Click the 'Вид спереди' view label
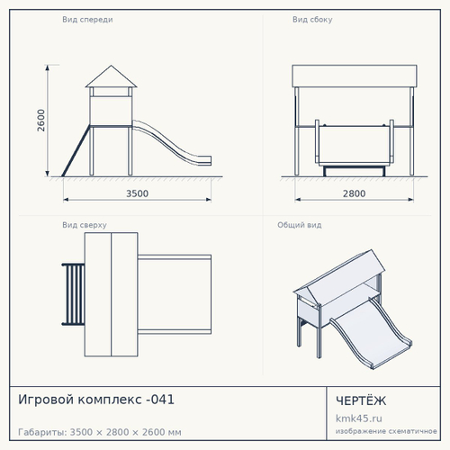point(87,20)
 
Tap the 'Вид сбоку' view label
point(312,20)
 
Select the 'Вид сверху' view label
point(85,225)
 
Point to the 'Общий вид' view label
point(300,225)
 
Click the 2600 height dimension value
point(41,121)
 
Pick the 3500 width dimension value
point(137,193)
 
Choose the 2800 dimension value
point(354,193)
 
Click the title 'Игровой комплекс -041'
point(96,400)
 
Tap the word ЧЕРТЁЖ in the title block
point(361,400)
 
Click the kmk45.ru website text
point(359,418)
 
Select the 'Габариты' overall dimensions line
point(100,432)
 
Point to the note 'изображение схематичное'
point(386,431)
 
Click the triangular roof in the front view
point(111,78)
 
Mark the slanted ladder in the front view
point(76,150)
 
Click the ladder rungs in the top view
point(73,294)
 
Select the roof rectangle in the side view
point(355,76)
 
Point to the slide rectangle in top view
point(175,294)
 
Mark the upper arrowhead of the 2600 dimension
point(47,68)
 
